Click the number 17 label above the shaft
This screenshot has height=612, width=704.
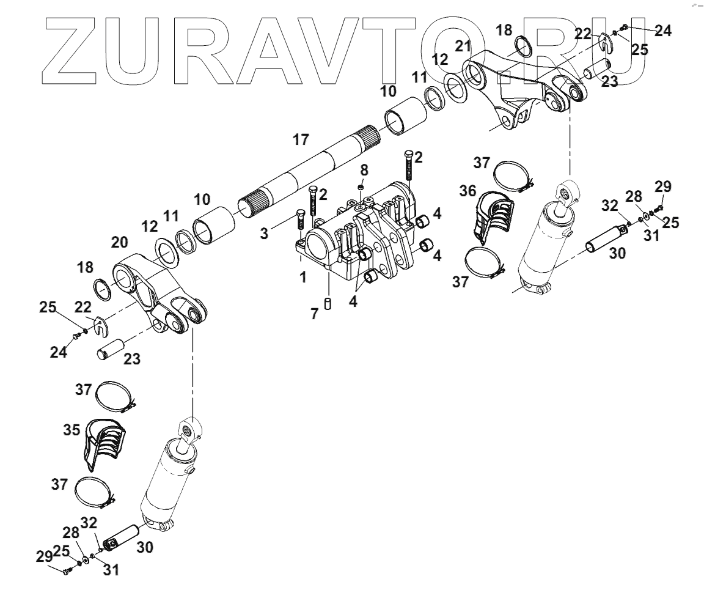point(301,140)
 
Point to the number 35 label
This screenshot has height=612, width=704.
point(71,430)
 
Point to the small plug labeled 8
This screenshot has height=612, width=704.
point(362,186)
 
